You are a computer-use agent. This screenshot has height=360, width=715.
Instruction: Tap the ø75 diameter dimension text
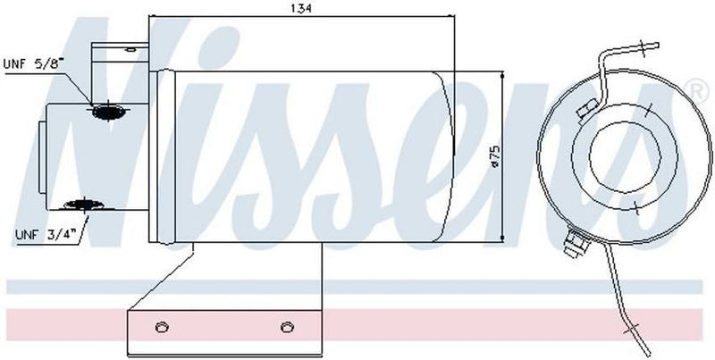click(x=492, y=159)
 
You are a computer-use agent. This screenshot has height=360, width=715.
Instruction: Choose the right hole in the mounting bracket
click(x=287, y=324)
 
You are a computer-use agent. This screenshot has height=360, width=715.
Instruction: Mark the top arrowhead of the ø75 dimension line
click(x=505, y=74)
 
